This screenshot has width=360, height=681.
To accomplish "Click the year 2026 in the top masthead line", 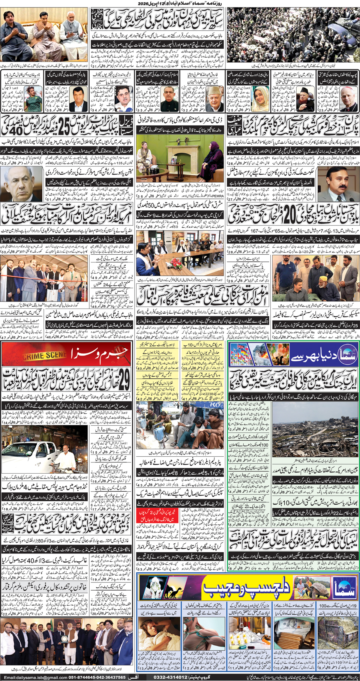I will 144,3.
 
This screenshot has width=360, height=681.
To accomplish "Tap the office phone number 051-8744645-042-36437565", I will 97,677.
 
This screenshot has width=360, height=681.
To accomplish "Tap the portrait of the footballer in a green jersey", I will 36,98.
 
